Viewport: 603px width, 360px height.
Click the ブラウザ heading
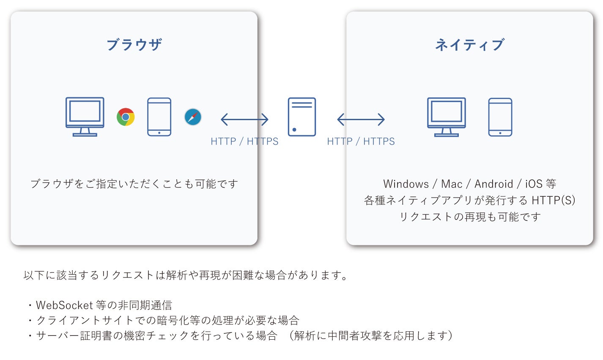pyautogui.click(x=134, y=44)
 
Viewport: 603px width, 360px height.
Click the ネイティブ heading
pyautogui.click(x=469, y=44)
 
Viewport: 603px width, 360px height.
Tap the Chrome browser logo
pyautogui.click(x=126, y=117)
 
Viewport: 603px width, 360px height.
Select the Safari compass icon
pyautogui.click(x=193, y=117)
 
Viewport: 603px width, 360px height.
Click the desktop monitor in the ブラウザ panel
pyautogui.click(x=85, y=116)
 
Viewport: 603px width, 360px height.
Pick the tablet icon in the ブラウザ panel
pyautogui.click(x=159, y=117)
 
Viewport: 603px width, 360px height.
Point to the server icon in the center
pyautogui.click(x=301, y=117)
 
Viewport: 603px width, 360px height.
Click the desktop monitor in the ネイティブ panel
pyautogui.click(x=446, y=117)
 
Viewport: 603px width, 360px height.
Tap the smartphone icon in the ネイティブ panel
pyautogui.click(x=500, y=117)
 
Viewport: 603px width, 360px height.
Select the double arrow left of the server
pyautogui.click(x=244, y=120)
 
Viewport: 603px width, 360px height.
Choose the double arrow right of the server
pyautogui.click(x=361, y=120)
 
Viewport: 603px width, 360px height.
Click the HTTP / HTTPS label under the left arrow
pyautogui.click(x=244, y=141)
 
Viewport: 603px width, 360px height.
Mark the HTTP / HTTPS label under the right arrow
pyautogui.click(x=361, y=141)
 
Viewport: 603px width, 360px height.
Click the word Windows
pyautogui.click(x=406, y=184)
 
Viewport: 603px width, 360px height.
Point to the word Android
pyautogui.click(x=493, y=184)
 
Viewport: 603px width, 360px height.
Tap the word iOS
pyautogui.click(x=533, y=184)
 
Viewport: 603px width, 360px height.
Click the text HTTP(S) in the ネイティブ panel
pyautogui.click(x=553, y=200)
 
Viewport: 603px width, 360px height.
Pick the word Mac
pyautogui.click(x=452, y=184)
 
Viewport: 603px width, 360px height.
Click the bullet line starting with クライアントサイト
pyautogui.click(x=167, y=320)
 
